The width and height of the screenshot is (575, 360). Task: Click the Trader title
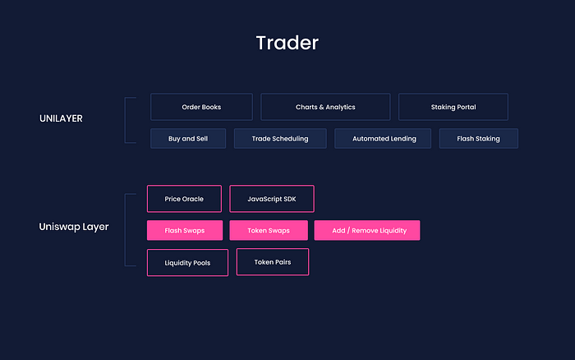(x=287, y=43)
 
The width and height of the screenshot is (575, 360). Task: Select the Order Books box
(x=201, y=107)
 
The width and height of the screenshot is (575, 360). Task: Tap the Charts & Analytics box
(x=325, y=107)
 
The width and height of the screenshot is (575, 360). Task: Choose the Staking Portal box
(x=453, y=107)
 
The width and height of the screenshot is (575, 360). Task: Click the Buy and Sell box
(x=188, y=138)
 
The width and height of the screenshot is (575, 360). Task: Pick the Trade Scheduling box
(x=280, y=138)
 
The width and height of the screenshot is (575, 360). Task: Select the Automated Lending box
(x=383, y=138)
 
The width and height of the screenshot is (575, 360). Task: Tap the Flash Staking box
(x=479, y=138)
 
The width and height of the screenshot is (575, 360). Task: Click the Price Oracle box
(x=184, y=199)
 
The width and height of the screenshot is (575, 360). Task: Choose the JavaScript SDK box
(x=272, y=199)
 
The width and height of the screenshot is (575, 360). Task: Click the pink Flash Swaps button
(x=185, y=230)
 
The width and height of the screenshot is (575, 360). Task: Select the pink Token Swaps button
(x=269, y=230)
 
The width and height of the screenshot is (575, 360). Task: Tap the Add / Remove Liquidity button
(x=367, y=230)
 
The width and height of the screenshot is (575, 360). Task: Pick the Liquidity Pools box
(x=187, y=262)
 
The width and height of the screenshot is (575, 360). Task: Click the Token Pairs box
(x=273, y=261)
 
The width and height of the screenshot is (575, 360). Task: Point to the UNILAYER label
(x=61, y=118)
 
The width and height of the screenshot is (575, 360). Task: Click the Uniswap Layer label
(x=74, y=227)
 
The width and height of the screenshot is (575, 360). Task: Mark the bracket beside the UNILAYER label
(x=125, y=120)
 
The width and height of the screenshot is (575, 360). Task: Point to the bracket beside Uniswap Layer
(x=125, y=229)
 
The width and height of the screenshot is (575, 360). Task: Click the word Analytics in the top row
(x=340, y=107)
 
